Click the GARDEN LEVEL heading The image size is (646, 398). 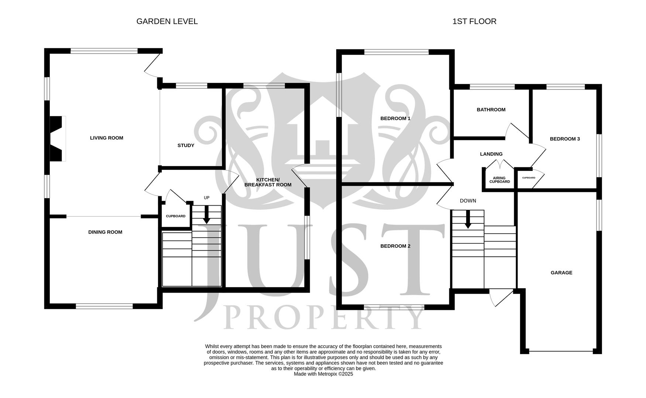[x=167, y=21]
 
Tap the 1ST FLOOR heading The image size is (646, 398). [x=474, y=21]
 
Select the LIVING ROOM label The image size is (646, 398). [x=107, y=138]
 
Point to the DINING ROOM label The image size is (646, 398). [x=105, y=232]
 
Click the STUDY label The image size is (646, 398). [x=186, y=146]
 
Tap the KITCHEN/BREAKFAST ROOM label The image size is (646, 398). [x=268, y=182]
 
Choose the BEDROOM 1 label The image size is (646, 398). [x=395, y=119]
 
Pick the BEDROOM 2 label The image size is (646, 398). [x=395, y=246]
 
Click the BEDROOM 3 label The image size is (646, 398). [x=565, y=139]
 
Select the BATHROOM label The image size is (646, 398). [x=491, y=110]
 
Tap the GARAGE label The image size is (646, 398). [x=561, y=273]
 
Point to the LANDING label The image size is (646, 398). [x=491, y=154]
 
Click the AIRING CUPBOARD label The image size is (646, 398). [x=499, y=180]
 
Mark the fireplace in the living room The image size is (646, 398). [x=58, y=139]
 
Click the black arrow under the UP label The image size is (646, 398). [x=206, y=214]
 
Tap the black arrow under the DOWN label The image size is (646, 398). [x=468, y=219]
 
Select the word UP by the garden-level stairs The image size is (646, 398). [x=207, y=198]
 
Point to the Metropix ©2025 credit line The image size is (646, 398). [x=323, y=374]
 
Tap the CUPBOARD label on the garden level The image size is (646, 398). [x=176, y=216]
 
